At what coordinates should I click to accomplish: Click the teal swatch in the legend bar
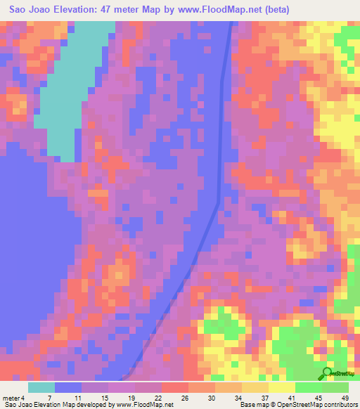41,387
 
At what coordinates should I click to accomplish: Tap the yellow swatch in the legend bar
281,387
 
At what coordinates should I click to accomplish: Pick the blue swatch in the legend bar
68,387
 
